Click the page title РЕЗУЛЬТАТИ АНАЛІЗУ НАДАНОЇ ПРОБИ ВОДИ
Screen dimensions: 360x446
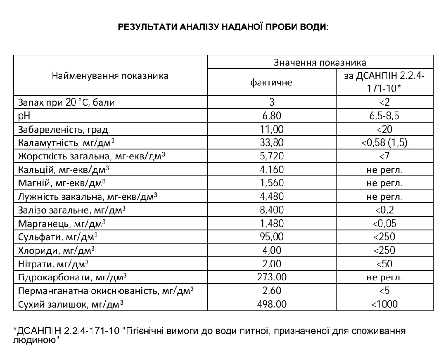pos(223,27)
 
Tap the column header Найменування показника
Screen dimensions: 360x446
pos(110,76)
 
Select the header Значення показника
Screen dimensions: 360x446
pos(320,62)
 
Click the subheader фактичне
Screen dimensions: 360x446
pos(271,82)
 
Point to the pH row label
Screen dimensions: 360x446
pos(23,116)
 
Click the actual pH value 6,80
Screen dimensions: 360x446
pos(272,116)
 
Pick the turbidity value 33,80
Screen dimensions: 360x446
pos(272,143)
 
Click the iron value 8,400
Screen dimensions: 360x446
pos(272,210)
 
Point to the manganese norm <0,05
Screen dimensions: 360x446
pos(384,224)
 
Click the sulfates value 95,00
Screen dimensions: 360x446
pos(272,237)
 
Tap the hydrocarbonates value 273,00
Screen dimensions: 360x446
pos(272,277)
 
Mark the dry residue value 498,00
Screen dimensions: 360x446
pos(272,305)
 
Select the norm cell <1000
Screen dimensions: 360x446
pos(384,305)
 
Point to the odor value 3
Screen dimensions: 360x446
pos(272,102)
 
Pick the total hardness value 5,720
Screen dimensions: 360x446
pos(272,156)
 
